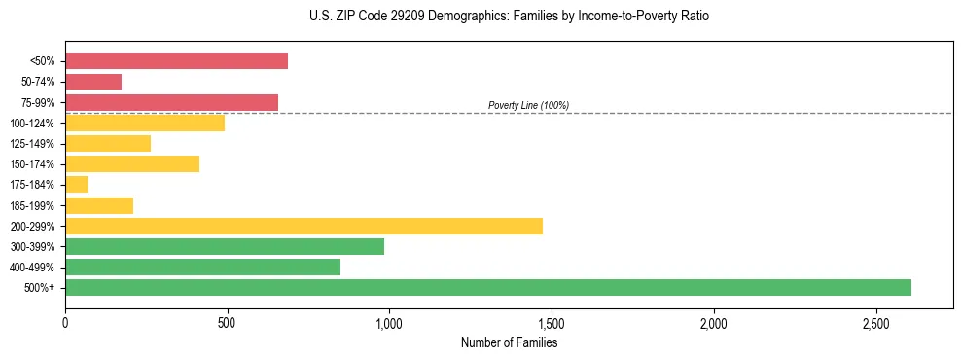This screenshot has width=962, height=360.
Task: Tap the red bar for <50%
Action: pyautogui.click(x=176, y=61)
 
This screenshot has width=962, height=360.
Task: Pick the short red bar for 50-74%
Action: pyautogui.click(x=93, y=82)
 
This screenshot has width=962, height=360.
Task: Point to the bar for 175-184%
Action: pyautogui.click(x=77, y=184)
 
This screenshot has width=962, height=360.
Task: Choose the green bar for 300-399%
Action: pyautogui.click(x=225, y=246)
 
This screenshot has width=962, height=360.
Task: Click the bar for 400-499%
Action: pyautogui.click(x=202, y=267)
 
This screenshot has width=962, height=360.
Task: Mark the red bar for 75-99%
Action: pyautogui.click(x=171, y=102)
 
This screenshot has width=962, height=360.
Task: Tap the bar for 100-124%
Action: pyautogui.click(x=145, y=123)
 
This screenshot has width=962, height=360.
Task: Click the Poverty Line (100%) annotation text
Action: pyautogui.click(x=528, y=105)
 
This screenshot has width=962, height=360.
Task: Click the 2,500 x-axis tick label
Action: pyautogui.click(x=875, y=323)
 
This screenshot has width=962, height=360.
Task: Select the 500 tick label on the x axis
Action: pyautogui.click(x=227, y=323)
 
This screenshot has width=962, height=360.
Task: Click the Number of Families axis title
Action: pyautogui.click(x=509, y=342)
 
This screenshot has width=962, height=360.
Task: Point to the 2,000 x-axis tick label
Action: pyautogui.click(x=714, y=323)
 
